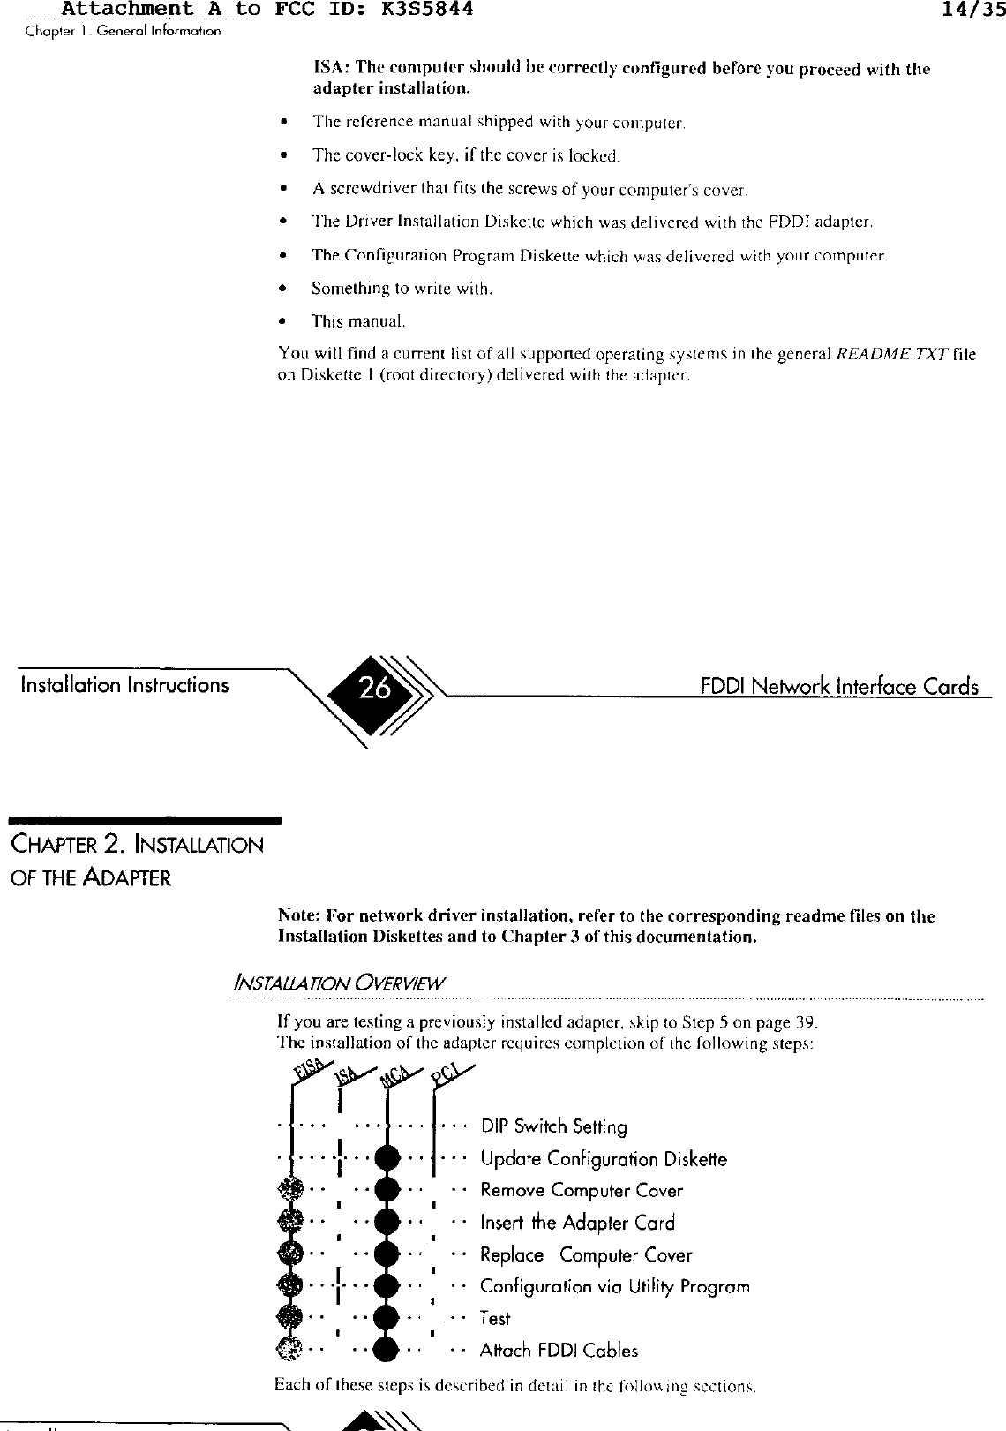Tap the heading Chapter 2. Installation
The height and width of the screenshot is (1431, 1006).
point(137,845)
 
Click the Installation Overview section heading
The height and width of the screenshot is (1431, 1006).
point(339,983)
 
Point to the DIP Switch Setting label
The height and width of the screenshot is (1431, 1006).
point(553,1127)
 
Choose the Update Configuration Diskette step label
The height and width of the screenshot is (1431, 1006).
point(604,1159)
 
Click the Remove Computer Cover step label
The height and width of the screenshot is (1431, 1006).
point(582,1191)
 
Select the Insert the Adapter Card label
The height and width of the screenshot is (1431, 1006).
point(577,1223)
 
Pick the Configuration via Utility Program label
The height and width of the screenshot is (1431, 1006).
point(615,1286)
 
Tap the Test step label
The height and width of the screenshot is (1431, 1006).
point(495,1318)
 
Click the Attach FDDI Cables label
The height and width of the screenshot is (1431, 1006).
point(559,1350)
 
